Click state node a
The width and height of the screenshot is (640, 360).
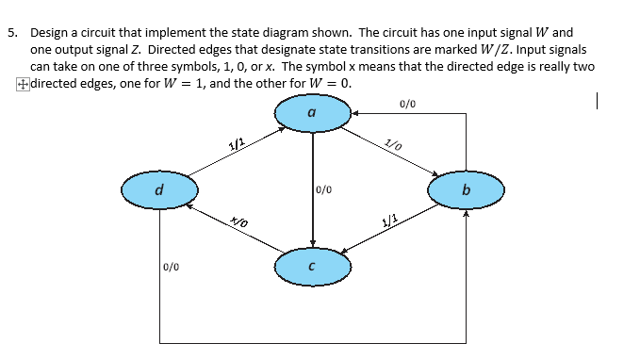pyautogui.click(x=312, y=114)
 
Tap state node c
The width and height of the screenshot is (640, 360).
pyautogui.click(x=312, y=267)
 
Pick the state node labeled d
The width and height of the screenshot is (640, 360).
pyautogui.click(x=158, y=191)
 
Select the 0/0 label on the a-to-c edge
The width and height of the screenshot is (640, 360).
pyautogui.click(x=324, y=189)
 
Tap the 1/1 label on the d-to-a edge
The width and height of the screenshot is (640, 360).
pyautogui.click(x=237, y=144)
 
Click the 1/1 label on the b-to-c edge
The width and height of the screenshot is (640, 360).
pyautogui.click(x=388, y=223)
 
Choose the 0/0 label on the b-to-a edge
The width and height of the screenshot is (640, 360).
pyautogui.click(x=407, y=103)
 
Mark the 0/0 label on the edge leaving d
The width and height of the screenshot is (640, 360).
pyautogui.click(x=172, y=267)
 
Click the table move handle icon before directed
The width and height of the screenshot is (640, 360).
pyautogui.click(x=21, y=84)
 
